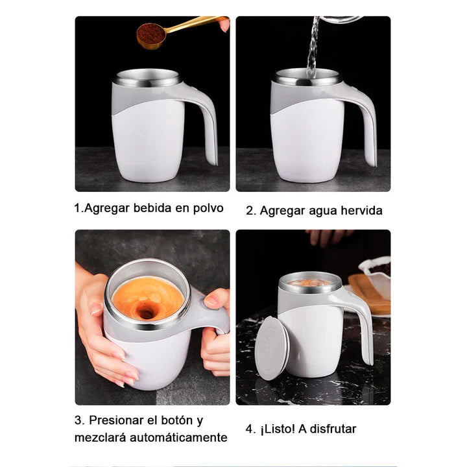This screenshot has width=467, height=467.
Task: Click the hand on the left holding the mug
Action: click(x=97, y=324)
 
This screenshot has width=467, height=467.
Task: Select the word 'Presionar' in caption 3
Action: click(x=114, y=420)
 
